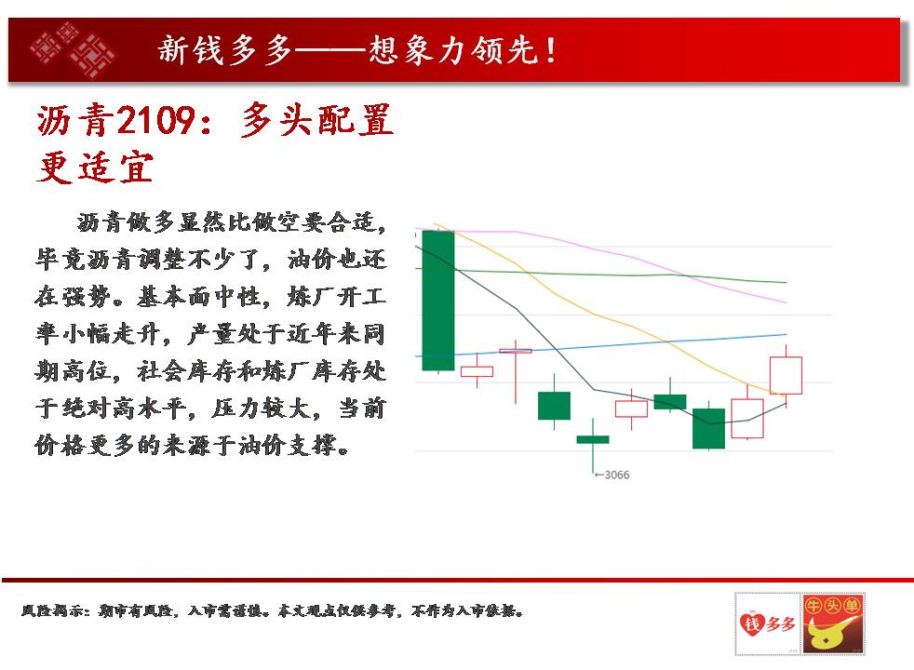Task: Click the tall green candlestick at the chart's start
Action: click(x=437, y=300)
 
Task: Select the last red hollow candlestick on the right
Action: click(x=786, y=375)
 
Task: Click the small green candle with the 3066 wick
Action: click(x=593, y=439)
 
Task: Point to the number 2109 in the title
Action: click(x=155, y=120)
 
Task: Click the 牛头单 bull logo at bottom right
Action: click(x=832, y=624)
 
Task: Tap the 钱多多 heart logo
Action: click(x=768, y=624)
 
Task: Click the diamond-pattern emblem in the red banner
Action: click(x=73, y=49)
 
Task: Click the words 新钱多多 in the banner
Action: click(x=225, y=50)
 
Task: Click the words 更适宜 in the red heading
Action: click(x=95, y=167)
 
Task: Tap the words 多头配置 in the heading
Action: click(x=316, y=120)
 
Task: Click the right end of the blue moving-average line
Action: click(x=786, y=334)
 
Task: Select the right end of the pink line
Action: click(x=786, y=302)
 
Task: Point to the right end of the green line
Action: click(x=786, y=283)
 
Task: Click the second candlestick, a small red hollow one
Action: click(x=477, y=371)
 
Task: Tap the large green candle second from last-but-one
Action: click(x=709, y=428)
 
